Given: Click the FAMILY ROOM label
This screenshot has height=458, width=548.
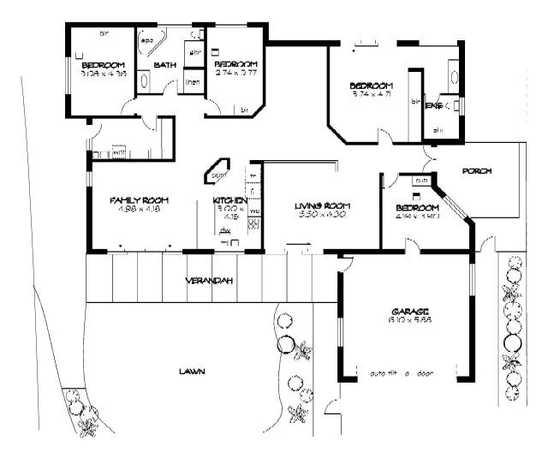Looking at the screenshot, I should [x=136, y=200].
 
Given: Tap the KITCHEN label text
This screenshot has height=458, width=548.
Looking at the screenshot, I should [x=230, y=200].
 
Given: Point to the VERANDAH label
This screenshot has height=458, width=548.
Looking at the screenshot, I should [x=211, y=281].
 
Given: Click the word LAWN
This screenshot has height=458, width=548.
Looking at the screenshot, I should [x=191, y=372].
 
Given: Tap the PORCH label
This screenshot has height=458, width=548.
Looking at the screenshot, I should [x=477, y=171].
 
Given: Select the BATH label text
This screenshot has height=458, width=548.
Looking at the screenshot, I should [x=164, y=65].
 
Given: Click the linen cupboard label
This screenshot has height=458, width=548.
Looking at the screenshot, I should [x=194, y=83].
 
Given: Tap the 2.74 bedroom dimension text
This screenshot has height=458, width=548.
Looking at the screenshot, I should [x=236, y=74].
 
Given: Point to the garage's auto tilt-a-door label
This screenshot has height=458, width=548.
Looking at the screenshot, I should [x=402, y=373].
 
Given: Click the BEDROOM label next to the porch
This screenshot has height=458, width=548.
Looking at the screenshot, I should [x=418, y=208].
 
